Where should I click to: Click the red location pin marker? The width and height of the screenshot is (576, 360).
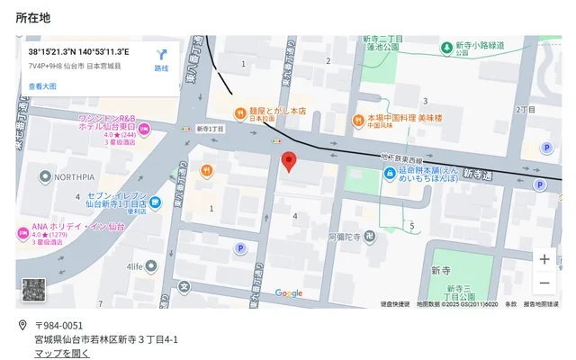289,162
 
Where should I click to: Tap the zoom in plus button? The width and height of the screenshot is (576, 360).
544,259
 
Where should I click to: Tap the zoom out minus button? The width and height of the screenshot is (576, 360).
544,283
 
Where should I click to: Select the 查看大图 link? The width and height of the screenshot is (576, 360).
42,86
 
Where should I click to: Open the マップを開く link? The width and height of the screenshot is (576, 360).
62,353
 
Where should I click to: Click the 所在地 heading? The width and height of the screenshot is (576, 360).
33,17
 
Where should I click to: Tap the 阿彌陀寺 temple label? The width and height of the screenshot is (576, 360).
345,237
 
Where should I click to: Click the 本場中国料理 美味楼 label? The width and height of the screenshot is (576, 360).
404,118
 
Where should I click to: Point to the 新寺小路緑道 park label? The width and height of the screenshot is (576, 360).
480,45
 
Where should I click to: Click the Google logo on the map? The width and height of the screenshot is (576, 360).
289,292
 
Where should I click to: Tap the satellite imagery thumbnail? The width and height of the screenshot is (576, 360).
34,289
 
